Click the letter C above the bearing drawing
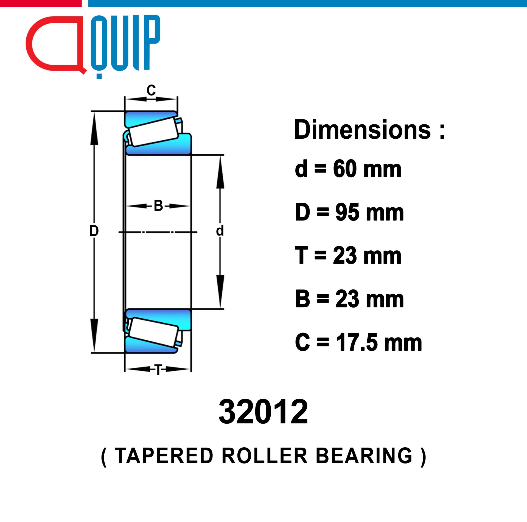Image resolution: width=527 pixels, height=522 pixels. point(151,90)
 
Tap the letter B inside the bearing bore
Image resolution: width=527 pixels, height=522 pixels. point(158,206)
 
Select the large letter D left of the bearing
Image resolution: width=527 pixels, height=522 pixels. point(94,231)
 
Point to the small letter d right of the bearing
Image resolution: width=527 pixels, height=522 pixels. point(220,231)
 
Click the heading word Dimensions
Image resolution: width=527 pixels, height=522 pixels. point(362,130)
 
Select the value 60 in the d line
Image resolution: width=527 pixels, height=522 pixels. point(345,169)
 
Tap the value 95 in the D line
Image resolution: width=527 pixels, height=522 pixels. point(347,212)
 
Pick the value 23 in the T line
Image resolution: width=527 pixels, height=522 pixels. point(345,256)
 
